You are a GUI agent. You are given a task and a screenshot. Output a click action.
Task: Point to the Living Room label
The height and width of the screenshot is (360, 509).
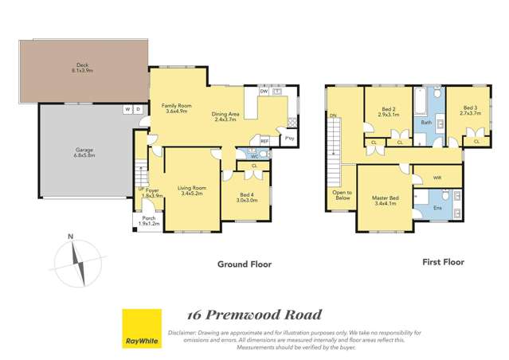[194, 190]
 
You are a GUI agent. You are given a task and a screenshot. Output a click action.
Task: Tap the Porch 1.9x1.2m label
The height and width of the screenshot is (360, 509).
[149, 221]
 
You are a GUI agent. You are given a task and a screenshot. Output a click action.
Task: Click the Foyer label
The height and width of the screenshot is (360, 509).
[151, 192]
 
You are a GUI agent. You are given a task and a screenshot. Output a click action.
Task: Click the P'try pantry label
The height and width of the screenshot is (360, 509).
[290, 139]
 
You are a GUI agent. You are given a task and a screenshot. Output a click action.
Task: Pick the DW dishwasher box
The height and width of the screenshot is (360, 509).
[263, 92]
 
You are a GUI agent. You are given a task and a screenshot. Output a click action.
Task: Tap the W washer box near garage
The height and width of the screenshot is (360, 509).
[127, 109]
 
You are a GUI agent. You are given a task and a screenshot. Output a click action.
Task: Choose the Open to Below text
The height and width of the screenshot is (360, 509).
[341, 195]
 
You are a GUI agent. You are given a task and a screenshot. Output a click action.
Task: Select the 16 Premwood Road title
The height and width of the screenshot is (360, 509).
[253, 315]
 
